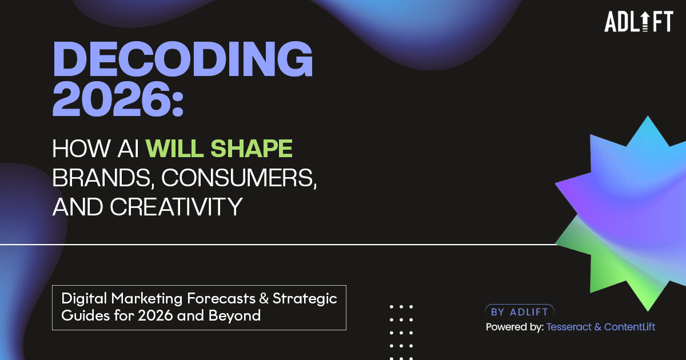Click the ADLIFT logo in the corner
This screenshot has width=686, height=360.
(x=639, y=22)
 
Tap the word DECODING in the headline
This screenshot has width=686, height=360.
(x=183, y=59)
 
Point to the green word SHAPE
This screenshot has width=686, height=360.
(x=252, y=149)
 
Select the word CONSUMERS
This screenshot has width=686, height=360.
(x=239, y=178)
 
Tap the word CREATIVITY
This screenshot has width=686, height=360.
(x=176, y=207)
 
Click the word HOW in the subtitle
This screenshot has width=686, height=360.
(x=81, y=149)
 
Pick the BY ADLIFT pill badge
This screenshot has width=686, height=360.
(x=520, y=312)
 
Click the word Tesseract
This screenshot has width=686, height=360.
(x=569, y=327)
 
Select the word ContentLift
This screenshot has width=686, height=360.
(x=629, y=327)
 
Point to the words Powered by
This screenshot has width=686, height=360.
(x=515, y=327)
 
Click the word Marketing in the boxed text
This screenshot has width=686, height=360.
(x=147, y=298)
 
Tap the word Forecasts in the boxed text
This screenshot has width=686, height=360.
(x=221, y=298)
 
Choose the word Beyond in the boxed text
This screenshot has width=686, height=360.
(x=234, y=315)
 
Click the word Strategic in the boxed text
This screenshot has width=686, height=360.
(x=305, y=298)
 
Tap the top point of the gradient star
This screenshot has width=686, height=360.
(x=648, y=116)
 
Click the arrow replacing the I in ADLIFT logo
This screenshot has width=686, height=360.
(x=645, y=22)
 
